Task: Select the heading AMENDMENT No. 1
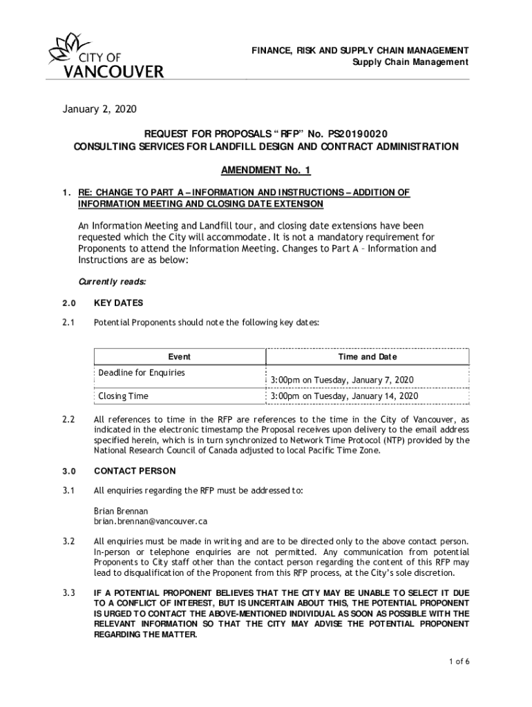(266, 171)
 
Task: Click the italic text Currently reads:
(112, 282)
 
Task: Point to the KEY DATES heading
(118, 303)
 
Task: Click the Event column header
(180, 357)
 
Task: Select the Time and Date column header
(368, 357)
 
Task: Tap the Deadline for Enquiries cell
(142, 373)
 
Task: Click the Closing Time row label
(123, 396)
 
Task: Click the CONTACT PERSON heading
(135, 472)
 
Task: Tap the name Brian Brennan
(121, 511)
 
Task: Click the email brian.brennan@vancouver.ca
(151, 521)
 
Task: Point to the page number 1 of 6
(459, 662)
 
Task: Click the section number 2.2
(67, 420)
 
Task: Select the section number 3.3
(67, 592)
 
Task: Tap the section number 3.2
(67, 541)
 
